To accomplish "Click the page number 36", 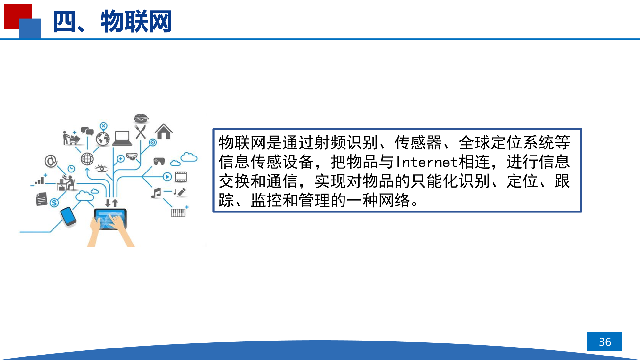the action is tap(605, 342).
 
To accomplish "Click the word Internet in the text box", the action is tap(427, 162).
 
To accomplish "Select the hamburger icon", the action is tap(141, 118).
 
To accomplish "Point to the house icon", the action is tap(164, 131).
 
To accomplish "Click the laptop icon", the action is tap(122, 138).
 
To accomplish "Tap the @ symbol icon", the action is tap(51, 161).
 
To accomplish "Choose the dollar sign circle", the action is tap(54, 202).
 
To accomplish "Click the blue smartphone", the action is tap(68, 216).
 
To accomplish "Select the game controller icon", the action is tap(159, 161).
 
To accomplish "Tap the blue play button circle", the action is tap(167, 177).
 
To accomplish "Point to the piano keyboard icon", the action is tap(178, 212).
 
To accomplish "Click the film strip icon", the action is tap(181, 177).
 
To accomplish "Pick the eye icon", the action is tap(102, 168).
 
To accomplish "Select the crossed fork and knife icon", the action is tap(141, 132).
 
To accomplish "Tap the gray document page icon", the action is tap(42, 199).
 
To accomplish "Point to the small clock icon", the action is tap(71, 169).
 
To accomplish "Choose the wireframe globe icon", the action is tap(87, 159).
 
